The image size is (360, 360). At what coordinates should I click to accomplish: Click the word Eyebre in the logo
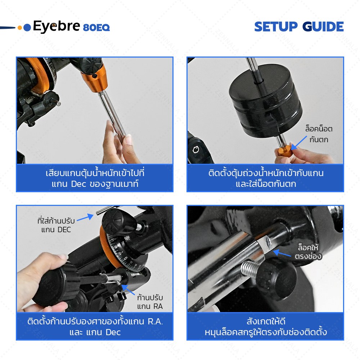pyautogui.click(x=57, y=26)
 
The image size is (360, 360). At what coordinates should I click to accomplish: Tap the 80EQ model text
pyautogui.click(x=96, y=28)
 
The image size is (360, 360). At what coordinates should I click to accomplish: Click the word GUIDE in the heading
pyautogui.click(x=323, y=27)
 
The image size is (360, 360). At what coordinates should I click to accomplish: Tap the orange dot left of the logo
pyautogui.click(x=20, y=28)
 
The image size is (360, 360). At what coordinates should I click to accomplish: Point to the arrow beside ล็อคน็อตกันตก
pyautogui.click(x=300, y=142)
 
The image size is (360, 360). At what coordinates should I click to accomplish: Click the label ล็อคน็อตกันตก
pyautogui.click(x=319, y=134)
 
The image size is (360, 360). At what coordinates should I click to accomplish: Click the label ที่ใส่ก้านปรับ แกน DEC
pyautogui.click(x=56, y=225)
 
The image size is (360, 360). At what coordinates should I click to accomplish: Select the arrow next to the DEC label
pyautogui.click(x=85, y=218)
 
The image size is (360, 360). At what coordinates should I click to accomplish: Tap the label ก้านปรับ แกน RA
pyautogui.click(x=150, y=302)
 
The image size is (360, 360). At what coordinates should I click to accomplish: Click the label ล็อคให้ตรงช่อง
pyautogui.click(x=308, y=252)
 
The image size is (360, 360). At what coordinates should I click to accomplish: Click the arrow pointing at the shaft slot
pyautogui.click(x=282, y=253)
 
